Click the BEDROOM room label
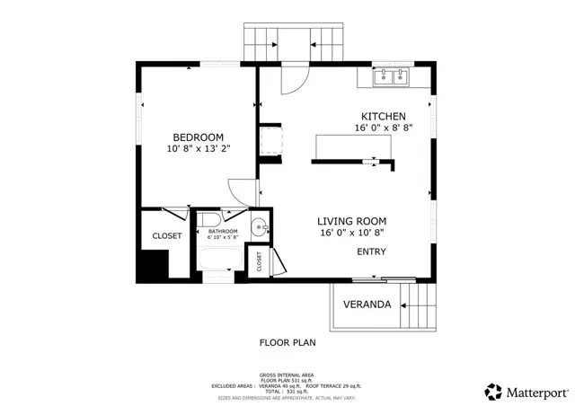pyautogui.click(x=198, y=137)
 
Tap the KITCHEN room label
pyautogui.click(x=384, y=117)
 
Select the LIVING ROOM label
pyautogui.click(x=352, y=221)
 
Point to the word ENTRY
pyautogui.click(x=372, y=252)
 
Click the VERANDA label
pyautogui.click(x=367, y=304)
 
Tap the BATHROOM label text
pyautogui.click(x=223, y=232)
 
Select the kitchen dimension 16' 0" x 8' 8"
pyautogui.click(x=384, y=129)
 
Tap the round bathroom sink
pyautogui.click(x=258, y=227)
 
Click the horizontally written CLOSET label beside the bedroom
pyautogui.click(x=166, y=236)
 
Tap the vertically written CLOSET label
pyautogui.click(x=260, y=261)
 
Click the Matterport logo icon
pyautogui.click(x=494, y=392)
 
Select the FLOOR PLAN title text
pyautogui.click(x=287, y=342)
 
